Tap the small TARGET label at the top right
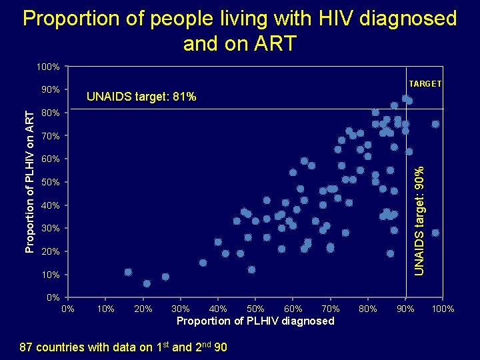(x=425, y=83)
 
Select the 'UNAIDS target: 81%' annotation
(x=141, y=97)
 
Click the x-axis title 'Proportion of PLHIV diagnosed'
(x=255, y=321)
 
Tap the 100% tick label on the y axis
(x=49, y=67)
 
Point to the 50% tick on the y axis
(x=51, y=182)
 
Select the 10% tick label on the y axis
(x=51, y=275)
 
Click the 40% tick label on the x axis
(x=218, y=309)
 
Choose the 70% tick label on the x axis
(x=331, y=309)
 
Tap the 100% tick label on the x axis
(x=443, y=309)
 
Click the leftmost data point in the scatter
(x=128, y=272)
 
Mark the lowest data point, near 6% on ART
(x=147, y=283)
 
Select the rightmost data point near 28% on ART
(x=435, y=233)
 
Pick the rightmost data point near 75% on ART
(x=435, y=124)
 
